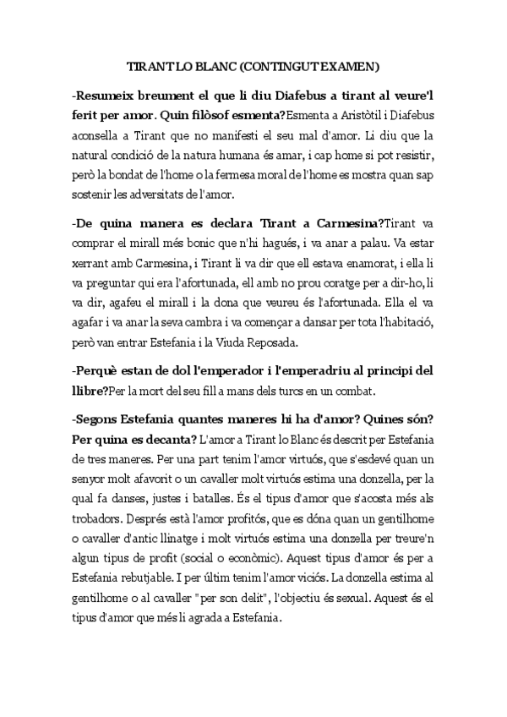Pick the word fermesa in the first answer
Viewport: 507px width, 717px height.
[x=250, y=175]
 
